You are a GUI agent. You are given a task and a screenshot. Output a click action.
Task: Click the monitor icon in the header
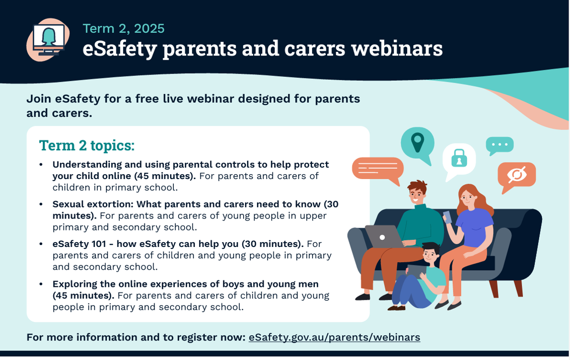(x=48, y=40)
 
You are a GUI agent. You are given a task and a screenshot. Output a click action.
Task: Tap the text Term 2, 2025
(x=123, y=28)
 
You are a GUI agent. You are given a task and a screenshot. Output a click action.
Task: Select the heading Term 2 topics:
(x=87, y=145)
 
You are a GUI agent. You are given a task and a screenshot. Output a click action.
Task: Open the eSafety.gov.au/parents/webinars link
(x=334, y=337)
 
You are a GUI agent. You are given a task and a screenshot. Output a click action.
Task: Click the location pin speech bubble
(x=418, y=145)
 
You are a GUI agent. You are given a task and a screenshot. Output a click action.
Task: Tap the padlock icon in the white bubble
(x=459, y=158)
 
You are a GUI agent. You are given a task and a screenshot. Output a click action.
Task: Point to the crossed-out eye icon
(x=517, y=174)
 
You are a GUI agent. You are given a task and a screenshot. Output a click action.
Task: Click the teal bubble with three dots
(x=500, y=145)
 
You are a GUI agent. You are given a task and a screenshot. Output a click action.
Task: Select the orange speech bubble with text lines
(x=378, y=169)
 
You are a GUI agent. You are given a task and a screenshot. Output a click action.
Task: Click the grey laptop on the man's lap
(x=384, y=237)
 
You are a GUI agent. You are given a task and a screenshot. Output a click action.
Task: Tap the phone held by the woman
(x=447, y=217)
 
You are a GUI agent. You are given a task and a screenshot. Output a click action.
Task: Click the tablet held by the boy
(x=417, y=272)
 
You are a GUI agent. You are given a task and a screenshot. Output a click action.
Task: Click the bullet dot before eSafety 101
(x=41, y=244)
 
